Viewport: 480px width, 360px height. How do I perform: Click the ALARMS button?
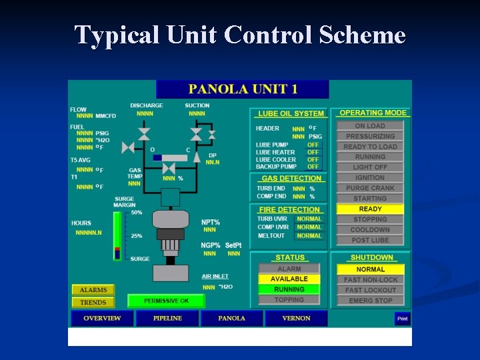[93, 290]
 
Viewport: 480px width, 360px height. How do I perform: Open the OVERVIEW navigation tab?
[102, 319]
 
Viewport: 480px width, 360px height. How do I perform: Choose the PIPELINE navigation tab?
[167, 319]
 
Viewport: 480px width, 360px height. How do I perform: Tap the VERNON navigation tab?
[296, 319]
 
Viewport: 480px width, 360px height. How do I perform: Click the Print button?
[402, 319]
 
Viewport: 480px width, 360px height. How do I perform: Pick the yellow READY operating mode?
[370, 209]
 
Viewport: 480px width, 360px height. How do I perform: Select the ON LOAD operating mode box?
[370, 126]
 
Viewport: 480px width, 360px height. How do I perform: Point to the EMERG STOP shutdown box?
[370, 301]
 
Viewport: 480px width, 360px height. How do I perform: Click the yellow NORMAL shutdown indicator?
[370, 269]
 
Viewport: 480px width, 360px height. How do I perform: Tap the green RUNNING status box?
[289, 289]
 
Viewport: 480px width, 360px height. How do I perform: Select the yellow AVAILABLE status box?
[289, 279]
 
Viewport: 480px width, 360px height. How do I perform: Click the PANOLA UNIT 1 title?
[243, 89]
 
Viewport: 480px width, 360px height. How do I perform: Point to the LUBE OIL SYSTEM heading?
[291, 114]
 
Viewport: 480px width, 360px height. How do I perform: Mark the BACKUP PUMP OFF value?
[313, 167]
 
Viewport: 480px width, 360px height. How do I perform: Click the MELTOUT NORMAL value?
[309, 235]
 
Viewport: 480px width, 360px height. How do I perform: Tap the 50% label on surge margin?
[136, 212]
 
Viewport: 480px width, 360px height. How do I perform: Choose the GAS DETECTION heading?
[291, 179]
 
